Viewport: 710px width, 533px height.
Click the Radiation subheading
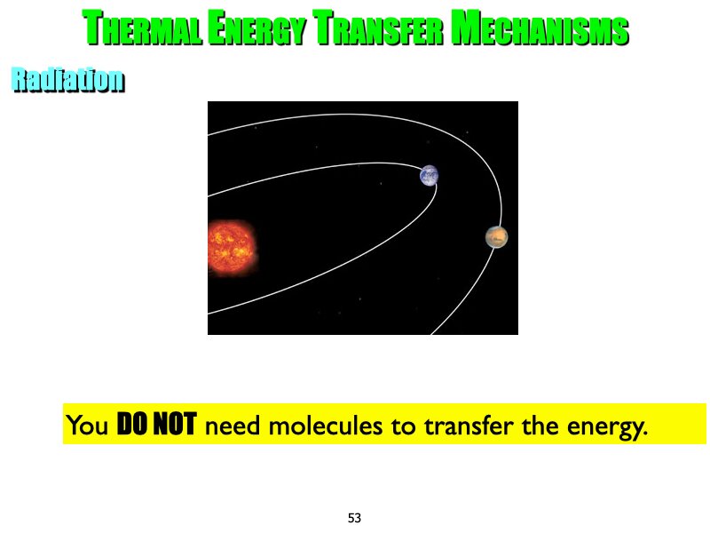click(67, 81)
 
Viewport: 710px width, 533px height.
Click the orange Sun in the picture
click(231, 246)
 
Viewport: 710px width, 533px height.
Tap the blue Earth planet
click(430, 175)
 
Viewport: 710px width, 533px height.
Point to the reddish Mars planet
click(497, 236)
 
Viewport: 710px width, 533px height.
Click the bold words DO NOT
click(156, 426)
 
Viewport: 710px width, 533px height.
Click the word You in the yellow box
click(88, 426)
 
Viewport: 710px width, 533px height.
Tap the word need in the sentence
click(233, 426)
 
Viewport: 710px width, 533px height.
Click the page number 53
click(355, 517)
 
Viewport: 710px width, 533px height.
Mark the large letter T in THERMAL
click(93, 28)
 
